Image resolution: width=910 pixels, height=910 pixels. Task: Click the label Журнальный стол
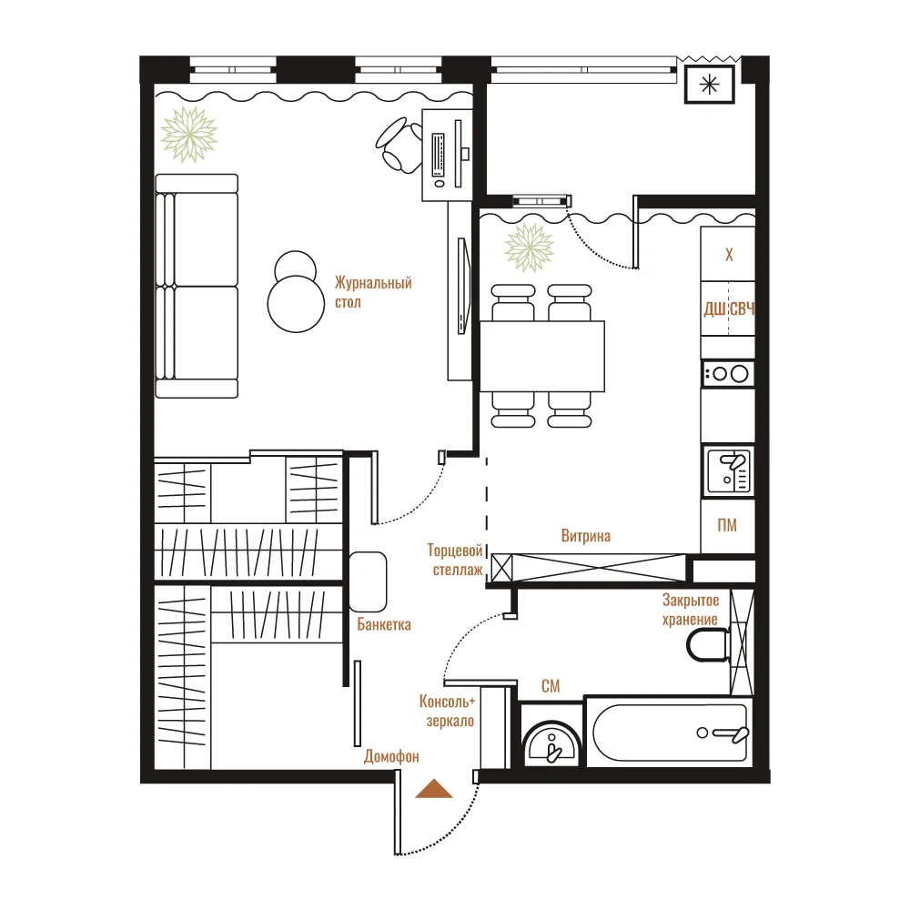click(373, 292)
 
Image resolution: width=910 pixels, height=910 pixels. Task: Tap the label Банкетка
click(384, 624)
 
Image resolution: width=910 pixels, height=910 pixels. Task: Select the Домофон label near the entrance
click(391, 756)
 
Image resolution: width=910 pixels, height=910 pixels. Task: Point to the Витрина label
click(585, 536)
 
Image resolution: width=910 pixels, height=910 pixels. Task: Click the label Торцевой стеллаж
click(455, 560)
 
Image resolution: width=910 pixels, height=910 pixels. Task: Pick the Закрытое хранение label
click(691, 610)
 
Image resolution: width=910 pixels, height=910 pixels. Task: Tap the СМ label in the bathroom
click(551, 686)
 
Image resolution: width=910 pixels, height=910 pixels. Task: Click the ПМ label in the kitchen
click(727, 525)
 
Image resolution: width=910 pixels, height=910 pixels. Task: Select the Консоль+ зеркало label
click(448, 712)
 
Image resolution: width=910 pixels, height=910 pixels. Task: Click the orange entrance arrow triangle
click(433, 789)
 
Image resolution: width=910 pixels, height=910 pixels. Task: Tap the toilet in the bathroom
click(709, 645)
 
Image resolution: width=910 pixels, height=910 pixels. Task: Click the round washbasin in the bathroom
click(551, 743)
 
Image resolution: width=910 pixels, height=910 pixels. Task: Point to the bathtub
click(670, 732)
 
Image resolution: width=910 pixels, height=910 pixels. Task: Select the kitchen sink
click(729, 471)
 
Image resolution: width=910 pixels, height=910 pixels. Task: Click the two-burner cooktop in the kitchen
click(728, 374)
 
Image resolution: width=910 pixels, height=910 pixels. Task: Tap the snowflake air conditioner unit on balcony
click(710, 85)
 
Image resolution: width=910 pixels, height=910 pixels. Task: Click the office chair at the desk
click(399, 145)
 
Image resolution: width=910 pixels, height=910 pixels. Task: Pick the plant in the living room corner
click(189, 135)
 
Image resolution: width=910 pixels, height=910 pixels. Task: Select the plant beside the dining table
click(530, 248)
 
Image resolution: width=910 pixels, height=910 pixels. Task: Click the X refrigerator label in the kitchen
click(729, 255)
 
